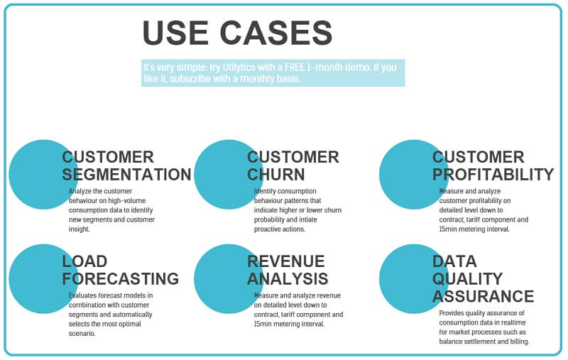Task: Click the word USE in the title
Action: coord(175,33)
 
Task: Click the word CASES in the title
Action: coord(276,33)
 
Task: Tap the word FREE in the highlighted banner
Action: coord(295,67)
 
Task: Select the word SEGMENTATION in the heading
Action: coord(126,175)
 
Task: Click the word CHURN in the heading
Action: coord(276,175)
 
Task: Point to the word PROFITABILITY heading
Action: coord(493,175)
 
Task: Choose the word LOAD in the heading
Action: coord(84,261)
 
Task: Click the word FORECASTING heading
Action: coord(120,279)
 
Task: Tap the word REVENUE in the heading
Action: coord(286,261)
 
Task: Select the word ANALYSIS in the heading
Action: coord(288,279)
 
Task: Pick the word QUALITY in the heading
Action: coord(467,279)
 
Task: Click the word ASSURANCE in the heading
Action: coord(484,296)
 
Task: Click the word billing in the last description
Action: coord(520,342)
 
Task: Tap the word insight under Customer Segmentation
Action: coord(80,229)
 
